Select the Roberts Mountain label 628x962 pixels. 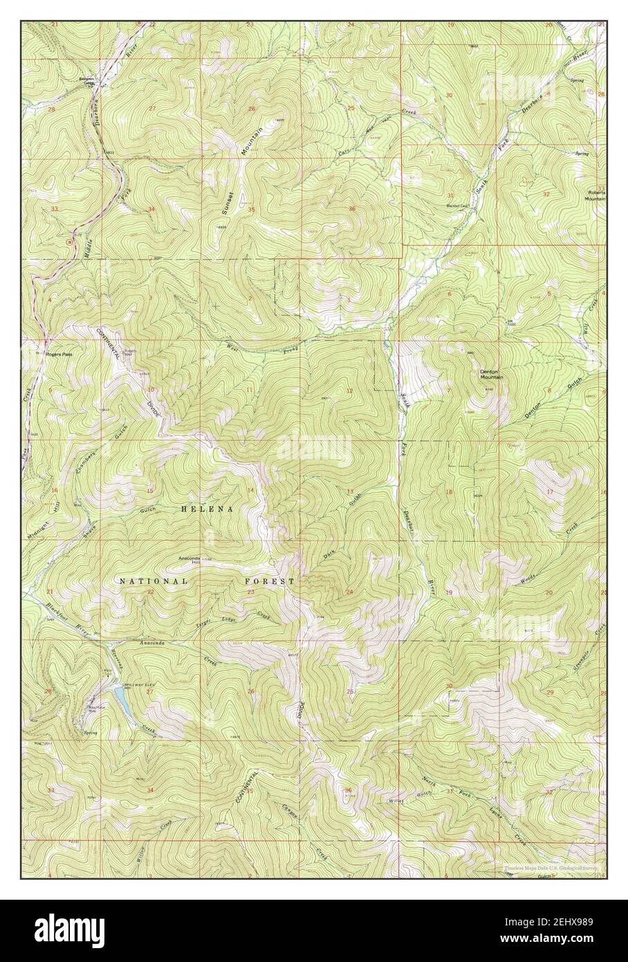596,195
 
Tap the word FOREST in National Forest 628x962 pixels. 270,582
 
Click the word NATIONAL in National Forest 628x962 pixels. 153,582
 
